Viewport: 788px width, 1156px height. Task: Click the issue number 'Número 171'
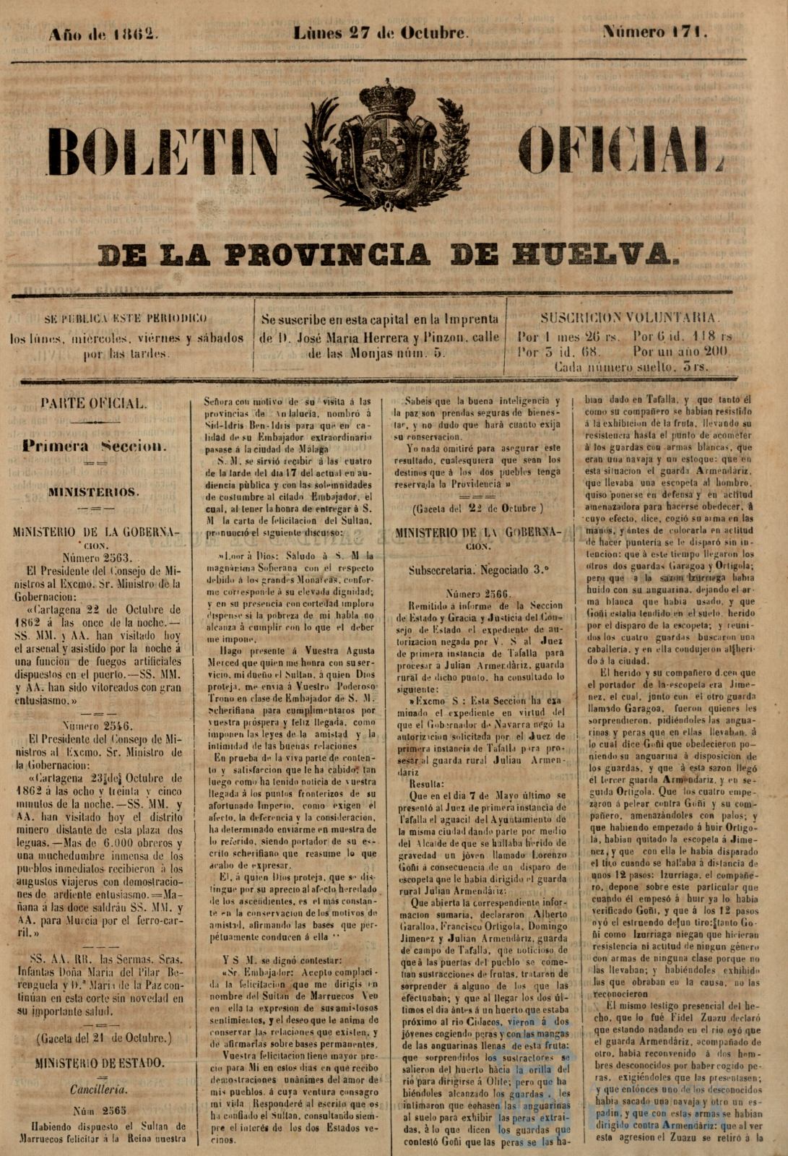click(654, 33)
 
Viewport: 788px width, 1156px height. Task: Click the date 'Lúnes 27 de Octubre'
click(381, 33)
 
